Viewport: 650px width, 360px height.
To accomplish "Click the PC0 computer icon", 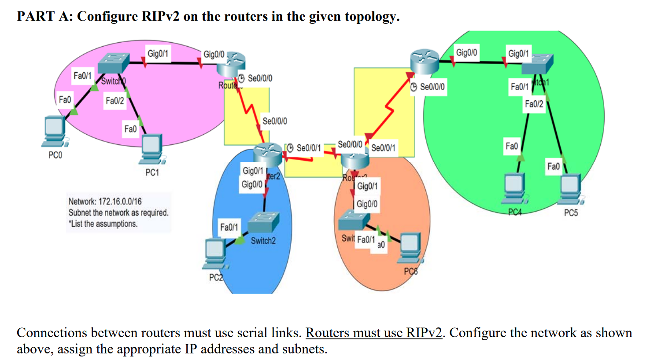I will pyautogui.click(x=55, y=131).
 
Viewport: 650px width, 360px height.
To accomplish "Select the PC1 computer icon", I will pyautogui.click(x=152, y=148).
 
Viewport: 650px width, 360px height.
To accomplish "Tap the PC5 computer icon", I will pyautogui.click(x=571, y=188).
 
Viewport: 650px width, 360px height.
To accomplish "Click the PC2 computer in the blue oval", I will pyautogui.click(x=215, y=253).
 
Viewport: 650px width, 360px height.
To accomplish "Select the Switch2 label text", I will pyautogui.click(x=263, y=241).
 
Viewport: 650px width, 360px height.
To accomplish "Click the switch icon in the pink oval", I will pyautogui.click(x=113, y=63).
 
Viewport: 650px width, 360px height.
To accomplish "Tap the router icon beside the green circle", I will pyautogui.click(x=424, y=61).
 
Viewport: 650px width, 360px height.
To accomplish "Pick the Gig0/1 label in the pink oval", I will pyautogui.click(x=158, y=54).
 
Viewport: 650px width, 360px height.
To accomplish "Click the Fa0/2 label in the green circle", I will pyautogui.click(x=534, y=104).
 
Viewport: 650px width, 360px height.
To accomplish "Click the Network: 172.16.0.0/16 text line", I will pyautogui.click(x=105, y=202).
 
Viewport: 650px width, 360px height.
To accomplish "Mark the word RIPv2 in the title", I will pyautogui.click(x=161, y=16).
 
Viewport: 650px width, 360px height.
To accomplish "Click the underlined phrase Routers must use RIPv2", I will pyautogui.click(x=373, y=333).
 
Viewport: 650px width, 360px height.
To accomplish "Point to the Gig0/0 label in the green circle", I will pyautogui.click(x=466, y=53).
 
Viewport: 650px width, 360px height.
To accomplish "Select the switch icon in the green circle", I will pyautogui.click(x=537, y=64).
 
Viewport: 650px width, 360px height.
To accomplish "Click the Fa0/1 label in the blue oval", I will pyautogui.click(x=229, y=227).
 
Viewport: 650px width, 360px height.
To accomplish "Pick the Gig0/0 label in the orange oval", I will pyautogui.click(x=367, y=204).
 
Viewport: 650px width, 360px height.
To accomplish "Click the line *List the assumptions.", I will pyautogui.click(x=103, y=224).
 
